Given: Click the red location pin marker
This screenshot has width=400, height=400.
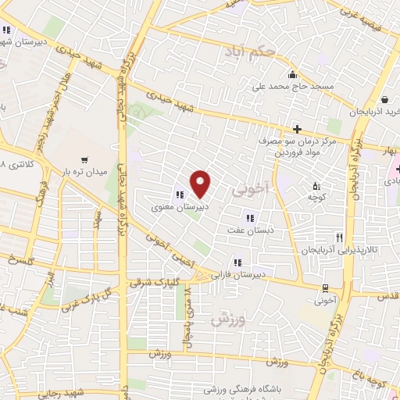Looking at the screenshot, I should coord(201,184).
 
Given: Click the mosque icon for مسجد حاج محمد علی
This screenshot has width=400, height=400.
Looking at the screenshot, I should coord(292,76).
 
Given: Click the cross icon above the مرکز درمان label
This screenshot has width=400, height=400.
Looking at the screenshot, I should coord(297,128).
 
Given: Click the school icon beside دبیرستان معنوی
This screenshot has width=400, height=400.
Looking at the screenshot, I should coord(179,195).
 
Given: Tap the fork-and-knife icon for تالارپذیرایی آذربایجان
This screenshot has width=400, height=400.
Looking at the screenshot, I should coord(338,237).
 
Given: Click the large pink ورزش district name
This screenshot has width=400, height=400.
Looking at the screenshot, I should coord(227,320).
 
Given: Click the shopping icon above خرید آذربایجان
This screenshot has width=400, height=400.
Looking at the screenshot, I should coord(386,100).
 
